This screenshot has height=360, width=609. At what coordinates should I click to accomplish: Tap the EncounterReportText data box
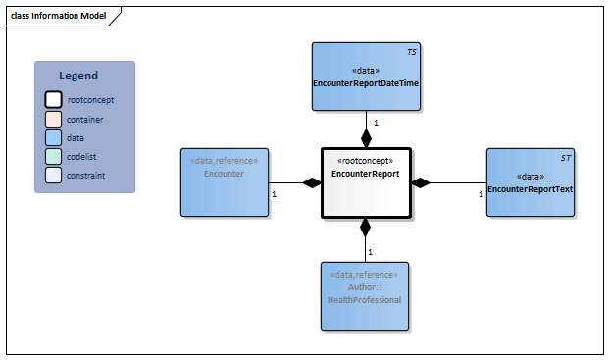pos(530,181)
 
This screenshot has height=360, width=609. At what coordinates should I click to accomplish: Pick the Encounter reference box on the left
pos(225,181)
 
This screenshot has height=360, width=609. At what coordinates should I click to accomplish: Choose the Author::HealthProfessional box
pos(365,292)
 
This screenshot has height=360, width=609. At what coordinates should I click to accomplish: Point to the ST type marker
pos(565,157)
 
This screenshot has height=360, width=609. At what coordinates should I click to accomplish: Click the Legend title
pos(78,76)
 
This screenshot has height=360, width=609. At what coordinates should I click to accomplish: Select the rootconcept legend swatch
pos(53,99)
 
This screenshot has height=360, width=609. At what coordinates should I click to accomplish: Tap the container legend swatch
pos(53,119)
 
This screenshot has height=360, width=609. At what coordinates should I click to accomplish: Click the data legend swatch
pos(53,137)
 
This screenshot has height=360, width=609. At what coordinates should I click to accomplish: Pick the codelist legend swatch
pos(53,157)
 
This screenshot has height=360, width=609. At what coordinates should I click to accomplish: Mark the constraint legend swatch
pos(53,176)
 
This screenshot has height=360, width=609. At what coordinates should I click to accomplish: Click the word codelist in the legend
pos(84,157)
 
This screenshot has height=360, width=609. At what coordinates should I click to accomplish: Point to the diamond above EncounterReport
pos(366,136)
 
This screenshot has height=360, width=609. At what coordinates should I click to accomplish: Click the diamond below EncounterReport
pos(366,229)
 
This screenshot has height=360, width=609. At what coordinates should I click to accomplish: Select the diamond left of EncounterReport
pos(311,182)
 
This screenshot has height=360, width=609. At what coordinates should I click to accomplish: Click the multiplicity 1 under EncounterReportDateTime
pos(377,123)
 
